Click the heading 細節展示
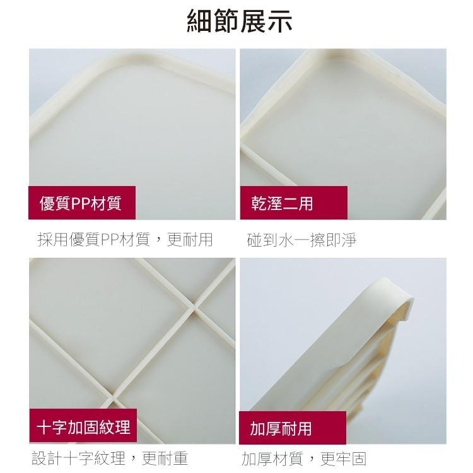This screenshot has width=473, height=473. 240,21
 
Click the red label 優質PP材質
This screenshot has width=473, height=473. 80,203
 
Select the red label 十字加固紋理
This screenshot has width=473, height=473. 83,428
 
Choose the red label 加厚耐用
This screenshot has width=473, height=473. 281,429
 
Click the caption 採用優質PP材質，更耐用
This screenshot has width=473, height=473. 125,240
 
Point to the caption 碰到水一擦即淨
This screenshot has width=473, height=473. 302,240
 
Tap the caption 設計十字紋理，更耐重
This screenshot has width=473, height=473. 110,458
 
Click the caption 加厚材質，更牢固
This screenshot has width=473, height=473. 303,458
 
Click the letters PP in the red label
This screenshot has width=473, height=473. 81,203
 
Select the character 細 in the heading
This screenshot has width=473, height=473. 200,21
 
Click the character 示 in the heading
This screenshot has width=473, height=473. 279,21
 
